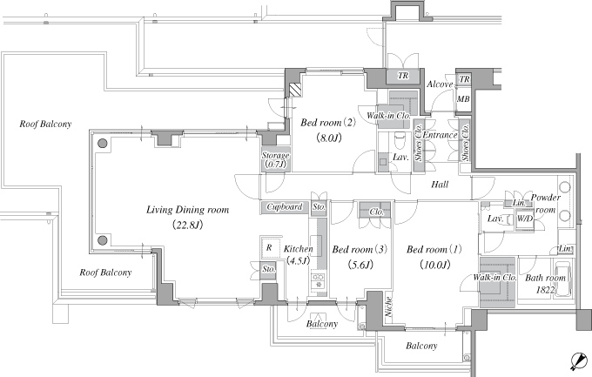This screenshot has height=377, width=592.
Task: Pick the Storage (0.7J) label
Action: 276,160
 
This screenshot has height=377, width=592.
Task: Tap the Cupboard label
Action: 285,207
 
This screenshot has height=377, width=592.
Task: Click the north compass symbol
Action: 579,360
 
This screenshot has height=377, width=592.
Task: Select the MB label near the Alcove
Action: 463,98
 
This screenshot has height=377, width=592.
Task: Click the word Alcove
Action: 440,84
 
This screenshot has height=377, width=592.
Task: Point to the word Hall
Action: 440,185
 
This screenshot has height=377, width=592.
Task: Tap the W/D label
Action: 524,219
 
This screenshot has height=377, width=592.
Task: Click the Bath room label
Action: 546,278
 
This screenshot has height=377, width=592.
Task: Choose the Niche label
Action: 388,306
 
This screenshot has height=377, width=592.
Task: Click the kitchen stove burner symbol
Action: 319,279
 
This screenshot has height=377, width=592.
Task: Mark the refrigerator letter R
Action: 269,248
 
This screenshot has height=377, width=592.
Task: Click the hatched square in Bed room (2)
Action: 296,90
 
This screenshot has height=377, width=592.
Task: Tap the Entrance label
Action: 440,135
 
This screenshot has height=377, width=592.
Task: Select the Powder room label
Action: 546,204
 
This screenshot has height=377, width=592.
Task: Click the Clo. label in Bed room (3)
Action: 376,212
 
